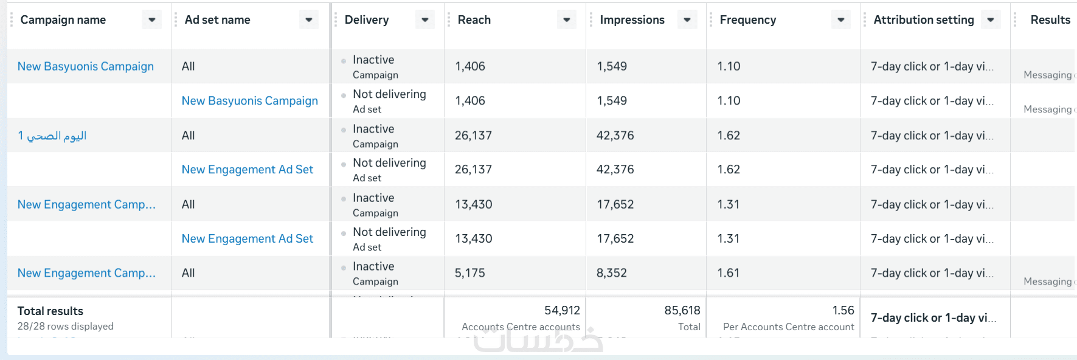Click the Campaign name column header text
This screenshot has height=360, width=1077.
pyautogui.click(x=63, y=20)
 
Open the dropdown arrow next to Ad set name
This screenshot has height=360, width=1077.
pyautogui.click(x=309, y=20)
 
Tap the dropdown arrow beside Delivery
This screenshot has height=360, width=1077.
pyautogui.click(x=425, y=20)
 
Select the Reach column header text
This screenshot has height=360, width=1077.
pyautogui.click(x=474, y=20)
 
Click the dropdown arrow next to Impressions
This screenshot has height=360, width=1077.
pyautogui.click(x=687, y=20)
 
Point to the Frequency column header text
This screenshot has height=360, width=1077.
pyautogui.click(x=748, y=20)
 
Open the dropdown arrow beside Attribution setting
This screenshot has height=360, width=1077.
pyautogui.click(x=991, y=20)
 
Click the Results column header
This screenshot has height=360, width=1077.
pyautogui.click(x=1050, y=20)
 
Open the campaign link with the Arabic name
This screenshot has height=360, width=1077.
pyautogui.click(x=52, y=136)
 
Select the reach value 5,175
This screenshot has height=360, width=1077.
pyautogui.click(x=470, y=273)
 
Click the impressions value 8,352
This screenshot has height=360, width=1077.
pyautogui.click(x=612, y=273)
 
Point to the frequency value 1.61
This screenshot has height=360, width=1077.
pyautogui.click(x=729, y=273)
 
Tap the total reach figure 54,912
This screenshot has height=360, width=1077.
pyautogui.click(x=562, y=311)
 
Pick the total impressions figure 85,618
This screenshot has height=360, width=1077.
pyautogui.click(x=682, y=311)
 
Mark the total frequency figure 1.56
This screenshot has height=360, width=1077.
pyautogui.click(x=843, y=311)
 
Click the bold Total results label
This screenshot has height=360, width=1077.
pyautogui.click(x=50, y=311)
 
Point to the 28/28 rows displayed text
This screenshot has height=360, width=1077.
pyautogui.click(x=66, y=327)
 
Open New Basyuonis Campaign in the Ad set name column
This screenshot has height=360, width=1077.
pyautogui.click(x=250, y=101)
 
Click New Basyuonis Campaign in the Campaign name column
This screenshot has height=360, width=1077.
pyautogui.click(x=86, y=66)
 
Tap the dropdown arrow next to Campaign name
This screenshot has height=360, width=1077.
pyautogui.click(x=152, y=20)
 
